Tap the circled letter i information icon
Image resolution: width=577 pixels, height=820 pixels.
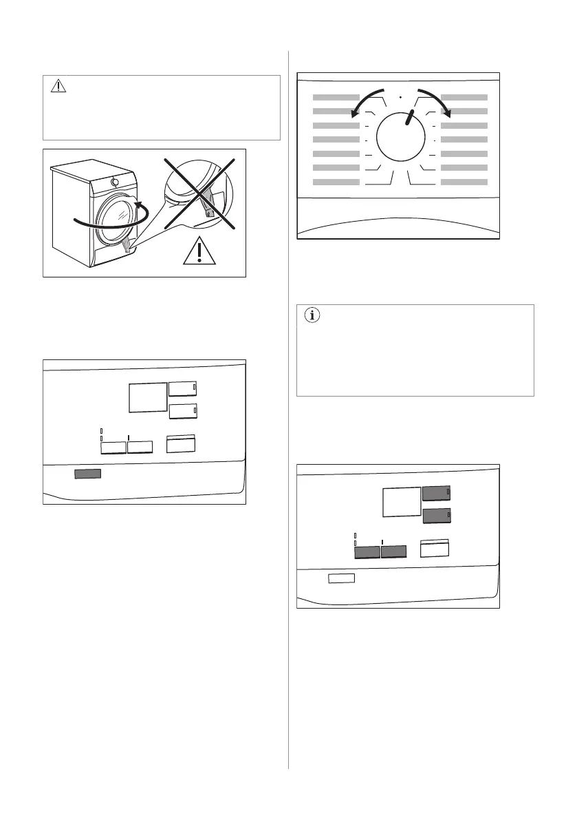click(312, 316)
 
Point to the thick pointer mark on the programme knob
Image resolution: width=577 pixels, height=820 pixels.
click(411, 117)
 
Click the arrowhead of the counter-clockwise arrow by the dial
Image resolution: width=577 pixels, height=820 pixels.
click(355, 115)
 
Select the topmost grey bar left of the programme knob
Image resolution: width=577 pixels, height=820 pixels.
click(336, 98)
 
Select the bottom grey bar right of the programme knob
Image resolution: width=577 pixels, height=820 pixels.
click(464, 182)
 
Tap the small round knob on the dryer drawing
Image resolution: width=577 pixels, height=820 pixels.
click(114, 182)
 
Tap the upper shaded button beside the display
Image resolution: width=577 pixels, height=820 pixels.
click(436, 493)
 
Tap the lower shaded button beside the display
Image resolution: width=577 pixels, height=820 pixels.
click(436, 517)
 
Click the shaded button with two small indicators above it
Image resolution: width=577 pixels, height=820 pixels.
click(367, 551)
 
